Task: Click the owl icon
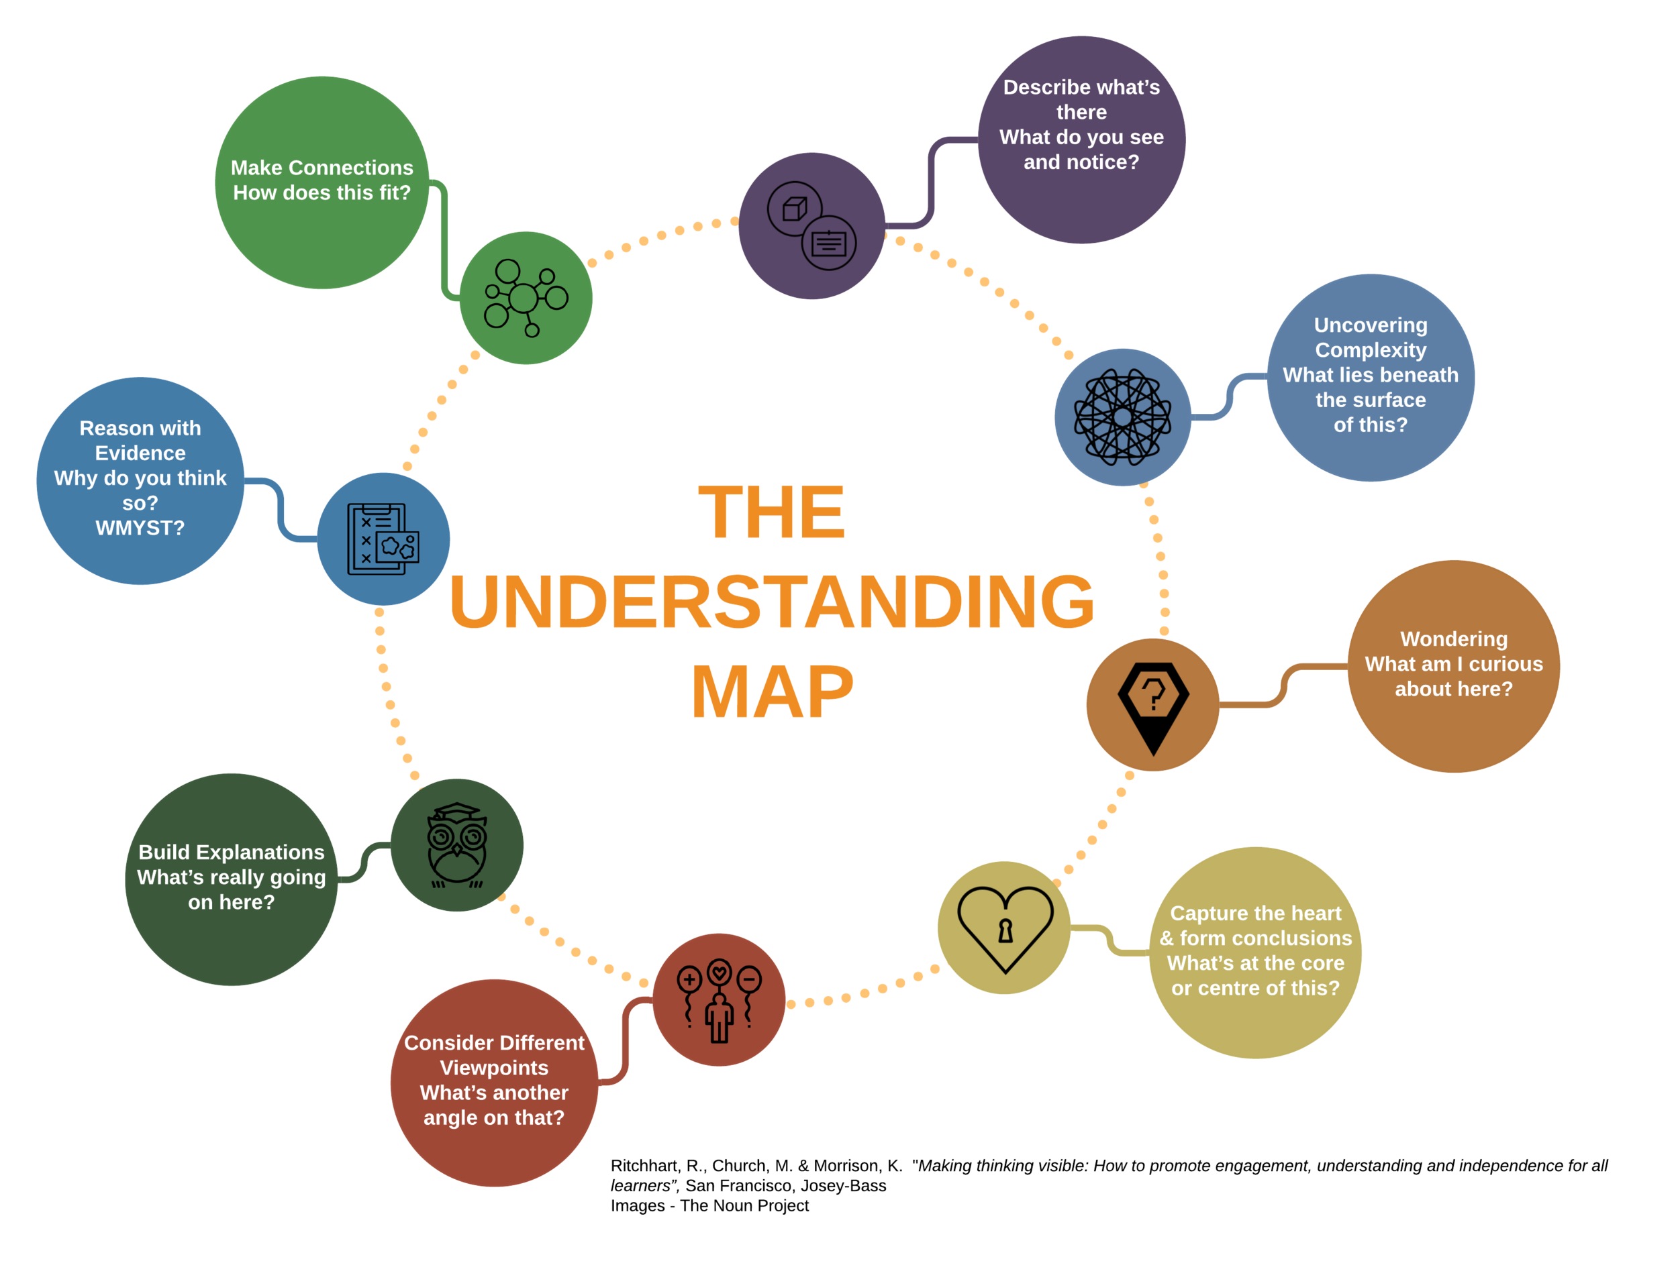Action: click(456, 845)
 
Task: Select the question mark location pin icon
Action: click(1153, 705)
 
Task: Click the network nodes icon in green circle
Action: click(525, 297)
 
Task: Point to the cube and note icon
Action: click(811, 225)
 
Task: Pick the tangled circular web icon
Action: click(1122, 417)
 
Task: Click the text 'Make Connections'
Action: click(322, 168)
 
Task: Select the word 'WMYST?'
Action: click(140, 528)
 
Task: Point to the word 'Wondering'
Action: click(1453, 639)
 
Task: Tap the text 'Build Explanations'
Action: click(232, 853)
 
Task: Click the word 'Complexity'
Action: click(1370, 350)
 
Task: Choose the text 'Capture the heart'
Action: click(1255, 913)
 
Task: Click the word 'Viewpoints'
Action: click(494, 1068)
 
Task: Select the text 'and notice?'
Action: click(1081, 162)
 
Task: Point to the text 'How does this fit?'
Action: click(322, 193)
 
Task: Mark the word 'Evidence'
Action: click(140, 453)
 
